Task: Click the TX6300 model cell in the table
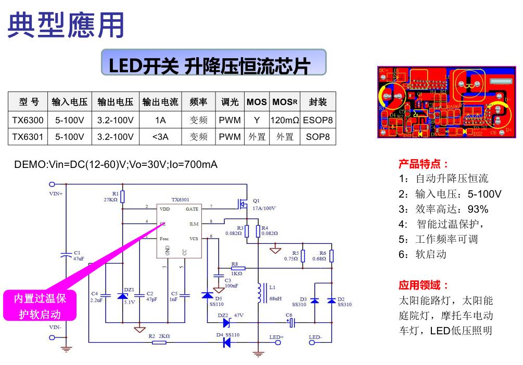click(x=28, y=120)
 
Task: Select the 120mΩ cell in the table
click(x=285, y=120)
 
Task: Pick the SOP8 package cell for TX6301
click(x=317, y=137)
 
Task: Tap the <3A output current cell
click(x=160, y=137)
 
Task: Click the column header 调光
click(x=229, y=102)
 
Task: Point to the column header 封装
click(x=317, y=102)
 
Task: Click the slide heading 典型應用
click(x=66, y=24)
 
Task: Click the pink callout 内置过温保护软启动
click(x=40, y=306)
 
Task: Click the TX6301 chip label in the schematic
click(x=180, y=200)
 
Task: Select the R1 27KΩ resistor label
click(x=111, y=196)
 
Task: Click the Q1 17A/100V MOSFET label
click(x=263, y=204)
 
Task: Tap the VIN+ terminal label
click(x=56, y=193)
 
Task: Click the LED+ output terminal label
click(x=276, y=337)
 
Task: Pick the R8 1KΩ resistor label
click(x=236, y=268)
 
